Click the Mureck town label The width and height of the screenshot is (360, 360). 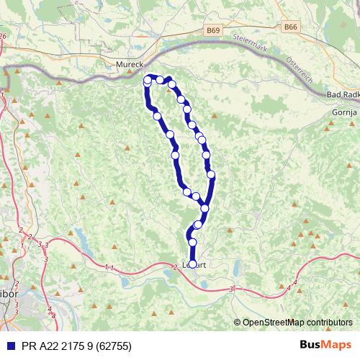click(130, 64)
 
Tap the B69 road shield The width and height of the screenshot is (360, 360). click(212, 31)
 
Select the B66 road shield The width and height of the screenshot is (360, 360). click(290, 26)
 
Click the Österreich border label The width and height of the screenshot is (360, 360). click(298, 70)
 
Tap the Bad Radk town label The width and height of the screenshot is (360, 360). click(342, 96)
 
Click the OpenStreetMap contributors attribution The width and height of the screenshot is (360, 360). click(297, 323)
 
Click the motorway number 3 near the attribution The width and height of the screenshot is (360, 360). click(231, 289)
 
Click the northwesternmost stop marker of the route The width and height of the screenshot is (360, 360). click(148, 79)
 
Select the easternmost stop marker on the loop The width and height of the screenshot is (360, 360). click(211, 174)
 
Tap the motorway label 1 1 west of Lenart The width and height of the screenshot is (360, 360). click(109, 267)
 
